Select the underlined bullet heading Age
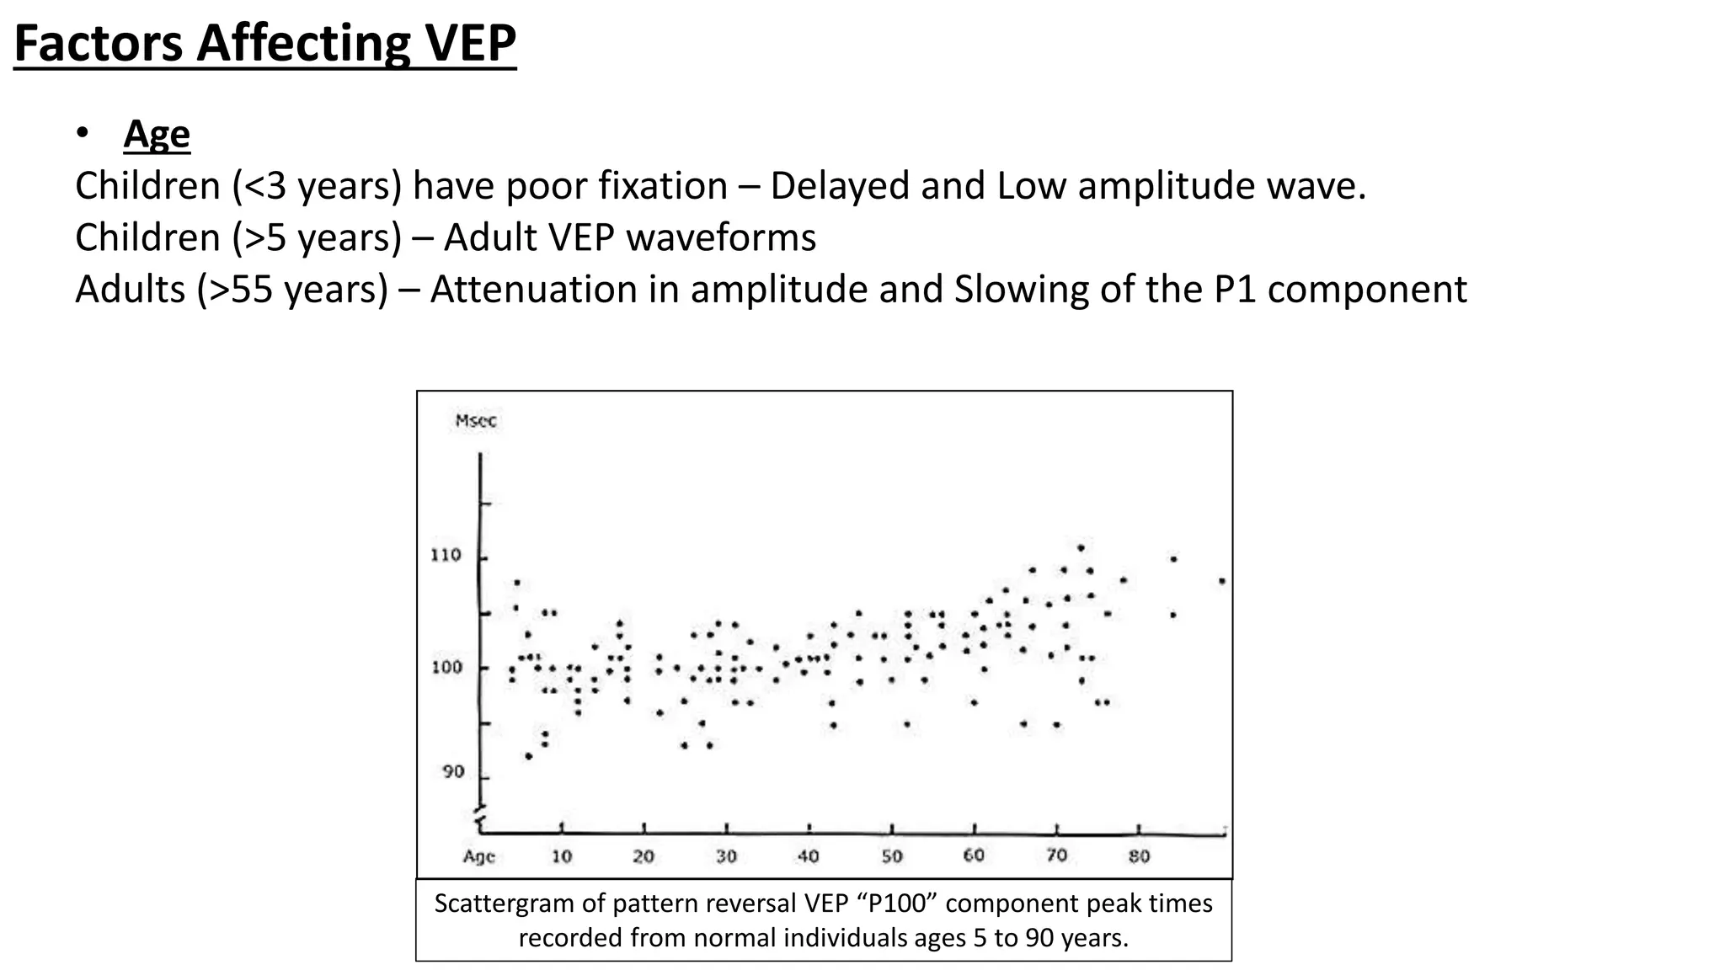click(x=157, y=134)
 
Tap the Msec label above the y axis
click(x=476, y=421)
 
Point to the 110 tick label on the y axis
click(x=446, y=556)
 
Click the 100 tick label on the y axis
click(x=446, y=668)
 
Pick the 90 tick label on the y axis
click(x=453, y=772)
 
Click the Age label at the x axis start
click(x=478, y=856)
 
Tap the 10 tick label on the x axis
click(x=562, y=856)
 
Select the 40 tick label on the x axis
click(x=808, y=856)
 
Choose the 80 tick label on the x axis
click(x=1139, y=856)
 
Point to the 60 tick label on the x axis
click(x=974, y=855)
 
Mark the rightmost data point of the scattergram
click(x=1222, y=581)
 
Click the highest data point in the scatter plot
click(x=1081, y=547)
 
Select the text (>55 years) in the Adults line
click(x=293, y=290)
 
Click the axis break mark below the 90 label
click(x=480, y=817)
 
